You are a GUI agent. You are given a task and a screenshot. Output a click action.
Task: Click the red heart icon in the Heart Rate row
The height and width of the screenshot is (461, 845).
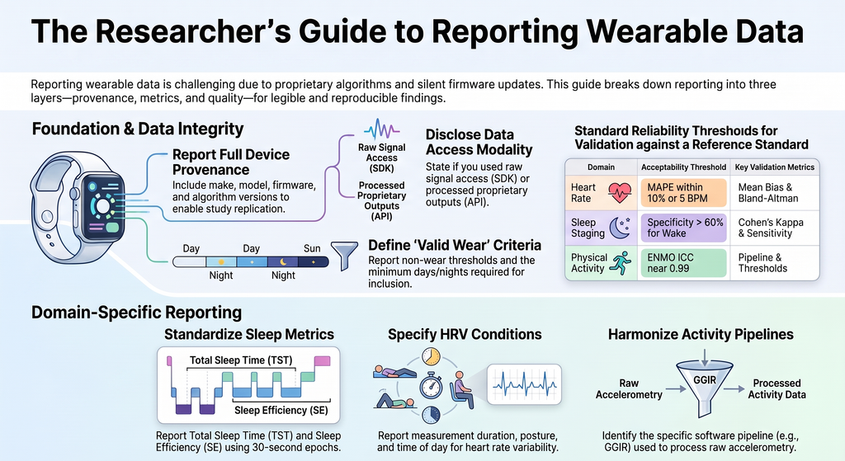coord(620,192)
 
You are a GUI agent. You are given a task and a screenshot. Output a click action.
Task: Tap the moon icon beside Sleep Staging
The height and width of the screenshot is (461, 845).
coord(620,228)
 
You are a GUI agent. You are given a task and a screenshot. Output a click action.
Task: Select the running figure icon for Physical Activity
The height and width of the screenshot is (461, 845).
coord(621,263)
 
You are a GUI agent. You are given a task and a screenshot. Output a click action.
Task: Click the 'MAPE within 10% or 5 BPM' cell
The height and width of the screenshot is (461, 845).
coord(683,193)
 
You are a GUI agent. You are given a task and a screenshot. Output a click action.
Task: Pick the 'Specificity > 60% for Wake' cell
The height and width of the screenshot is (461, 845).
coord(683,228)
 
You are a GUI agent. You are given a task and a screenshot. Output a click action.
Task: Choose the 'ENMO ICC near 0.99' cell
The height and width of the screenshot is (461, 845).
coord(683,263)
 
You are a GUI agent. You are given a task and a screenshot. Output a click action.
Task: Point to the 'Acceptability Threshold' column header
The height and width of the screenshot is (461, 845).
coord(683,167)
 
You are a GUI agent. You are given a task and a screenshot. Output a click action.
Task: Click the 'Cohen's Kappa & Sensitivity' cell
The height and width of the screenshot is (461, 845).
coord(771,228)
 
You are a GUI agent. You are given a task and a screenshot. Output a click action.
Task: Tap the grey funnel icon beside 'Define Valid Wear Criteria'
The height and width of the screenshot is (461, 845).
coord(344,255)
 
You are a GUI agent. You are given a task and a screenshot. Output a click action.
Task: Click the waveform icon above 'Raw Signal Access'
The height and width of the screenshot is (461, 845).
coord(381,129)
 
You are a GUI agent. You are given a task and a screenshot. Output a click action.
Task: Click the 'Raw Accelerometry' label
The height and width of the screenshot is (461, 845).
coord(629,388)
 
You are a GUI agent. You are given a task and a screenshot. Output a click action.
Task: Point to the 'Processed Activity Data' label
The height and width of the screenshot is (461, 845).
coord(777,388)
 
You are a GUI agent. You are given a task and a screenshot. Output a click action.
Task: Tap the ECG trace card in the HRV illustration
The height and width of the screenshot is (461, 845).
coord(524,384)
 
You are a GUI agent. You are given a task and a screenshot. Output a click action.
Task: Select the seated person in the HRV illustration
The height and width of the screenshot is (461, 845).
coord(463,389)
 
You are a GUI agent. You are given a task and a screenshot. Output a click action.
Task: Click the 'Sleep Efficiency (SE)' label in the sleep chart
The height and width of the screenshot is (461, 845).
coord(281,411)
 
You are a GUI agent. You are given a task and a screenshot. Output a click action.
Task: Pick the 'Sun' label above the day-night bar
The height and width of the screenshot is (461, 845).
coord(312,248)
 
